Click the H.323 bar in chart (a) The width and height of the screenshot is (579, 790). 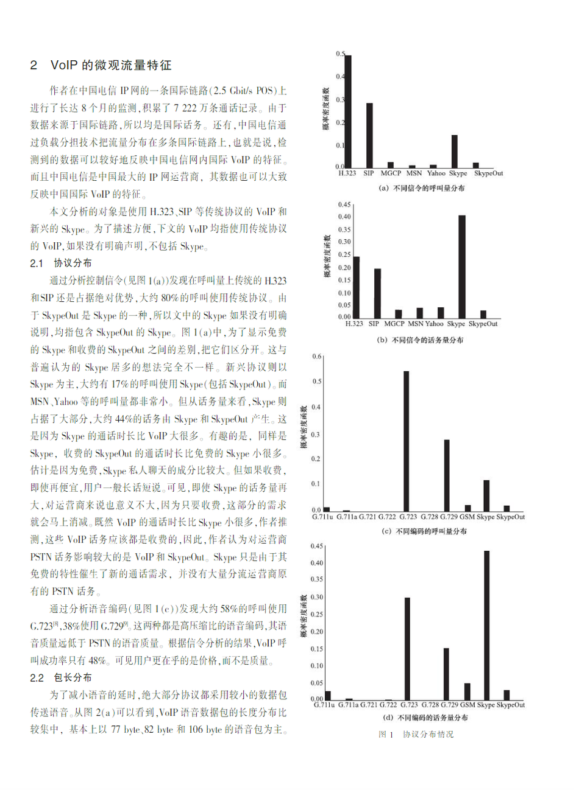point(348,111)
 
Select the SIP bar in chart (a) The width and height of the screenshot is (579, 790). point(369,135)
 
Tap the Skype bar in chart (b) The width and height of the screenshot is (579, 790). point(462,267)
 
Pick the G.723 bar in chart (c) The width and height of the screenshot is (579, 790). point(407,441)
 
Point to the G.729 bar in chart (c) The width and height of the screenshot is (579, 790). point(447,475)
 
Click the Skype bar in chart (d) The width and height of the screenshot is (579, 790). point(487,625)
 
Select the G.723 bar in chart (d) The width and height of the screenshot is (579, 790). point(407,649)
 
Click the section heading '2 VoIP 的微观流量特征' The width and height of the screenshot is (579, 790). point(101,65)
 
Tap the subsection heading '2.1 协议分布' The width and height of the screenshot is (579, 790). point(61,263)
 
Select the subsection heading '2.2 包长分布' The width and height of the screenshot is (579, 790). point(61,677)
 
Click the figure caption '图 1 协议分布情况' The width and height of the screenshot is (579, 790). point(416,734)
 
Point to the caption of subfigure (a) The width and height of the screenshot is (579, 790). point(422,188)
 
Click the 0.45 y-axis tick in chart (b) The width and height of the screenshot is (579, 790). point(344,204)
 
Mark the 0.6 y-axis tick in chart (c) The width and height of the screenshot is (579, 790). point(317,356)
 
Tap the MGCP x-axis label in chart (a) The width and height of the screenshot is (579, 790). point(391,173)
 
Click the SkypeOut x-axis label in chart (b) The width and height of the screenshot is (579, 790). point(483,324)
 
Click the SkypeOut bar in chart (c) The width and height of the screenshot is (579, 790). point(506,508)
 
